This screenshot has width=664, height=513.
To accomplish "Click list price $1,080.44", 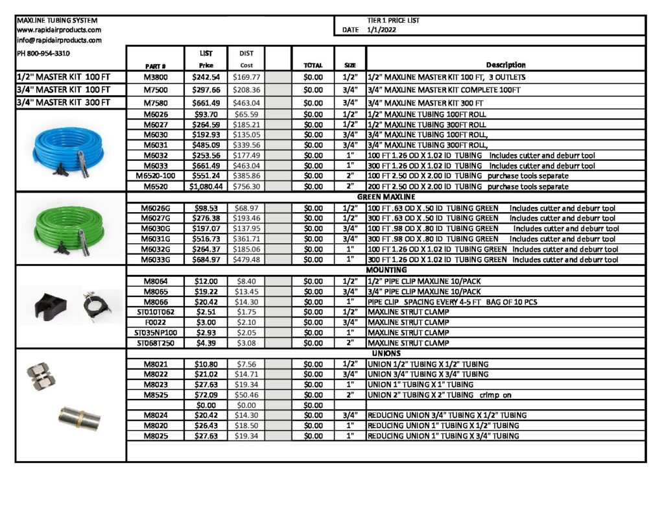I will [205, 187].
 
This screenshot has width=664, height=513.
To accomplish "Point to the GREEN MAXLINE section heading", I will [386, 197].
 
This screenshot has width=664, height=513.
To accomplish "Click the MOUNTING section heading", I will [386, 270].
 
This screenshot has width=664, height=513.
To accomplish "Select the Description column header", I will [506, 65].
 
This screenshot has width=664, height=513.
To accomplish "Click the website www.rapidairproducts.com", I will [59, 30].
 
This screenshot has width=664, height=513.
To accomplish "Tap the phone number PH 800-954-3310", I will [43, 53].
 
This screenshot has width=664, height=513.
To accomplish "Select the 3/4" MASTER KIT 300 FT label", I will [64, 102].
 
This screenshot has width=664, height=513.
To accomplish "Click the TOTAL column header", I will [313, 66].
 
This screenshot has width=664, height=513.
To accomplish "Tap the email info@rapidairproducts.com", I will [59, 40].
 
